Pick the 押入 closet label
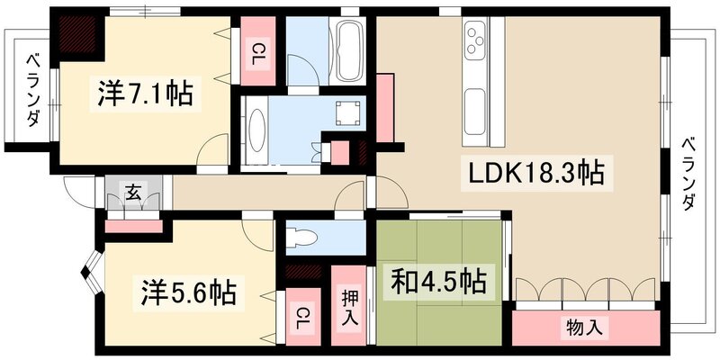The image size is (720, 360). pos(349,307)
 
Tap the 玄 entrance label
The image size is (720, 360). pos(132,191)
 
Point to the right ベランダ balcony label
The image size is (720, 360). pos(688,172)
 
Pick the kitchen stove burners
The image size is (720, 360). pos(474,41)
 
